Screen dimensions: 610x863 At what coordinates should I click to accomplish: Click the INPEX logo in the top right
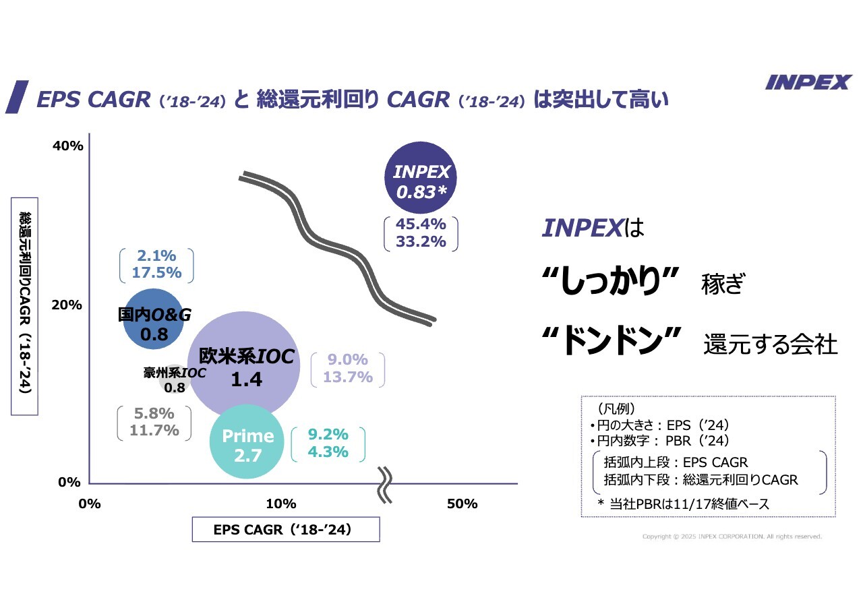pos(808,82)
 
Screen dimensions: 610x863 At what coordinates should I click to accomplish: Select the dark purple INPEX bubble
pos(421,177)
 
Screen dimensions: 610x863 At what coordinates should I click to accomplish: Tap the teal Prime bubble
pos(247,441)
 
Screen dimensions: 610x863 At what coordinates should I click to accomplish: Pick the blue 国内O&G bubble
pos(154,319)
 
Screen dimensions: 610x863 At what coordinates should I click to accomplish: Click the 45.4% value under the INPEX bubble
pos(421,224)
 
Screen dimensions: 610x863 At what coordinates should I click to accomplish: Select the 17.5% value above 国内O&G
pos(156,273)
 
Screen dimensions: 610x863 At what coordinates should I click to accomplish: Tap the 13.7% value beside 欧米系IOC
pos(348,377)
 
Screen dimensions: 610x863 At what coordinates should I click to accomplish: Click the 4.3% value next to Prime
pos(328,452)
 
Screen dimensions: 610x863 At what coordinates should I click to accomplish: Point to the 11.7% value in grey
pos(154,430)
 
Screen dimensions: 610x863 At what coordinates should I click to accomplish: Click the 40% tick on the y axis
pos(67,146)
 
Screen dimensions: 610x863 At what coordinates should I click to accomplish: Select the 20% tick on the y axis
pos(67,305)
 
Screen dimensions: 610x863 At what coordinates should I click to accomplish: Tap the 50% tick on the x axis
pos(463,504)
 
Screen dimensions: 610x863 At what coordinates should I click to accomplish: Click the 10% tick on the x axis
pos(281,504)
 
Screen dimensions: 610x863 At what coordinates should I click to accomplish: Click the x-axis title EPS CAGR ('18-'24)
pos(285,530)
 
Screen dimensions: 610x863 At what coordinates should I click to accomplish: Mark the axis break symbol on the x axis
pos(385,484)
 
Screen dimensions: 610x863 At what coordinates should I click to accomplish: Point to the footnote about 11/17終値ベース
pos(683,504)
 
